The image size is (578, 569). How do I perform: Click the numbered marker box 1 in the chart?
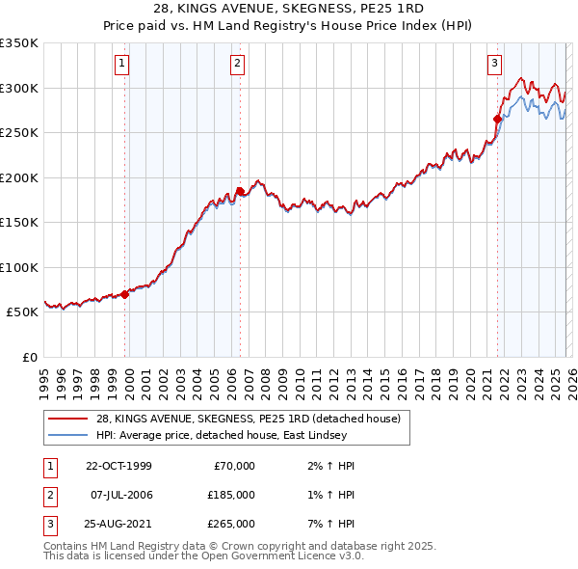123,65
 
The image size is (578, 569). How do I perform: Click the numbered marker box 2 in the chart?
237,65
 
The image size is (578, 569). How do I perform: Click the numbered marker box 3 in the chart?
494,65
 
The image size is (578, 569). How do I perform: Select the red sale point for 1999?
125,295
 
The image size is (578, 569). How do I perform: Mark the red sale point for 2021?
498,120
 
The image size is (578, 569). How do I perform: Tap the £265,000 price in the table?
230,524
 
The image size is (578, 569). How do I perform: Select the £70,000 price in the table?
234,466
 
